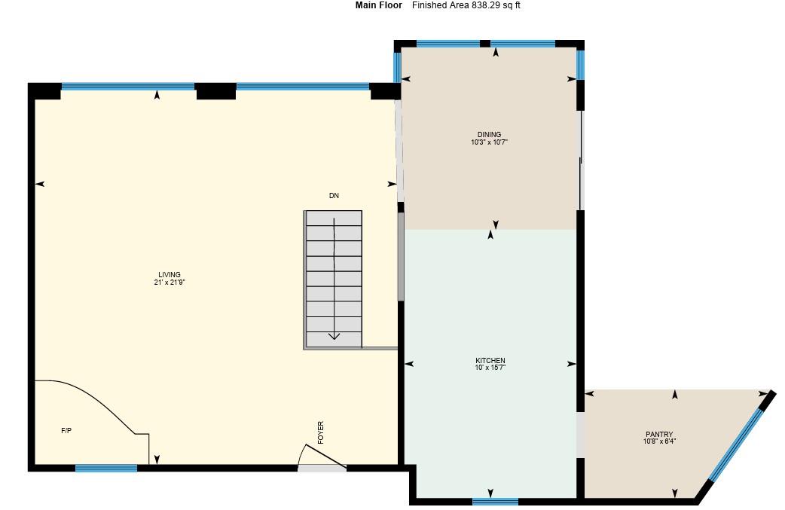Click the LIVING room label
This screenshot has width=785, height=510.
point(170,275)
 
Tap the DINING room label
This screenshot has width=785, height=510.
point(489,135)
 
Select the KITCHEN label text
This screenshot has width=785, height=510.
point(490,361)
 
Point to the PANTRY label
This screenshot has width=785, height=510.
point(659,435)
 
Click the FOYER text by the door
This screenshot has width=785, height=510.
point(321,432)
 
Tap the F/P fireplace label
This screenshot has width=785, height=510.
point(66,431)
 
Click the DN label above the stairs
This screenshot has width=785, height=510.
point(334,196)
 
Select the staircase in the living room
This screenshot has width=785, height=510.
point(334,279)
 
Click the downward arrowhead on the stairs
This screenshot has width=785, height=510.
point(334,336)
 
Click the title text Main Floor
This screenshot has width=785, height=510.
point(379,5)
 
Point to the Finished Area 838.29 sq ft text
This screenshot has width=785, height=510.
point(466,5)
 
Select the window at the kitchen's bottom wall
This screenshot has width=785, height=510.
point(495,501)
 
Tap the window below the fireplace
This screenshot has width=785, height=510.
point(106,468)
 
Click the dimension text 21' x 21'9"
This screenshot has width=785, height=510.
point(170,283)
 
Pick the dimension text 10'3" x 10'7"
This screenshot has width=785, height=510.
point(489,142)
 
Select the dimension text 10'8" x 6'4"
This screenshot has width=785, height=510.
point(659,442)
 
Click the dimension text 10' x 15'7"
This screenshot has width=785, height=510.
point(490,368)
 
